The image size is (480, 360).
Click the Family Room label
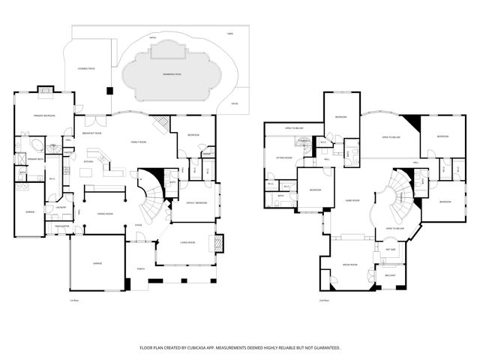click(x=139, y=142)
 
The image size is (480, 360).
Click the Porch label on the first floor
click(x=140, y=268)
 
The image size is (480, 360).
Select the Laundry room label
click(x=61, y=208)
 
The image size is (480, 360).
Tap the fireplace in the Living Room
click(x=219, y=243)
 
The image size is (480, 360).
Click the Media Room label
click(x=349, y=265)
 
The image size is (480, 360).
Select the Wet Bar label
click(x=391, y=249)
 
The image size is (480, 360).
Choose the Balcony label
click(x=391, y=275)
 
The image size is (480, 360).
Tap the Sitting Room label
click(x=283, y=158)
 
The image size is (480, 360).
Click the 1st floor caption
click(x=73, y=301)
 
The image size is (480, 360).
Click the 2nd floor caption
click(x=324, y=301)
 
